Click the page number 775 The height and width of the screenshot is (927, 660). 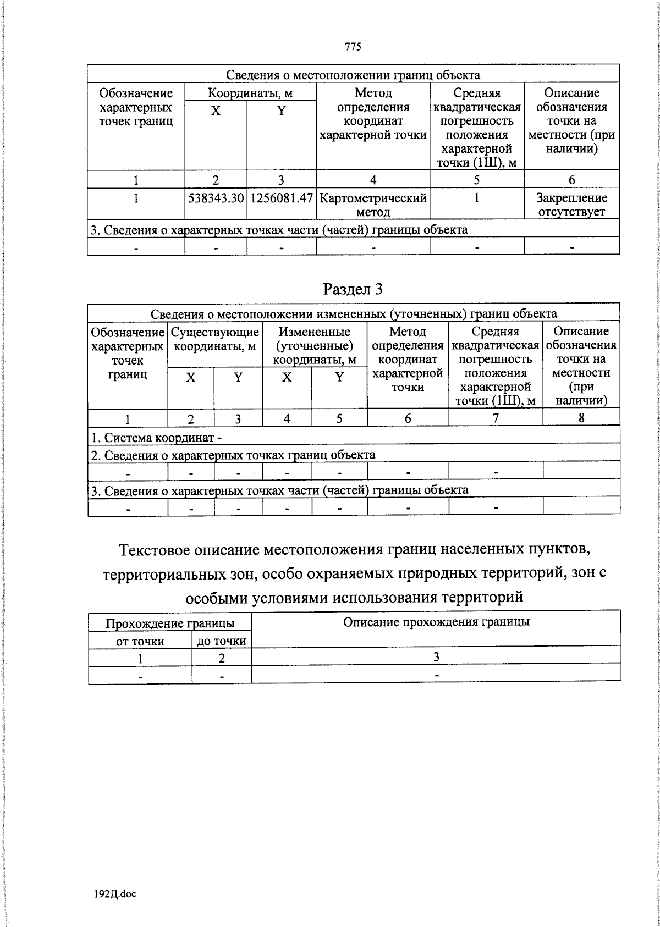(x=353, y=47)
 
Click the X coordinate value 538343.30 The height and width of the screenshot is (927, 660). (x=216, y=198)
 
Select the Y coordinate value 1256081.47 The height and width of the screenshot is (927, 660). (x=282, y=198)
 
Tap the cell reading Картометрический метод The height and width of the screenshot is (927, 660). (x=373, y=205)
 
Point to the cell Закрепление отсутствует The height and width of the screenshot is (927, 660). (x=571, y=205)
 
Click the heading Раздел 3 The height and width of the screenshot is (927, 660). (x=353, y=289)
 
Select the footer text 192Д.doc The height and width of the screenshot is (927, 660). (x=115, y=894)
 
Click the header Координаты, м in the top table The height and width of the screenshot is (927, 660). (x=250, y=92)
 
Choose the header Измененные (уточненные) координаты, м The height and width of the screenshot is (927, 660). (x=315, y=346)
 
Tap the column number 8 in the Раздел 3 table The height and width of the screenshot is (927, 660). (x=581, y=418)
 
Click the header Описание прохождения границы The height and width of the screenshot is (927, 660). (x=436, y=622)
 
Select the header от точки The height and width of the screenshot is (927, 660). (x=140, y=641)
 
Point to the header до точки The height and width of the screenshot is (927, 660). (x=222, y=641)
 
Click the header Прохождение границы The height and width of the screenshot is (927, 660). (x=170, y=623)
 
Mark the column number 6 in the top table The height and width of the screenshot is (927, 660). (x=571, y=180)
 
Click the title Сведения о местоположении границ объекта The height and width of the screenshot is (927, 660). (x=353, y=75)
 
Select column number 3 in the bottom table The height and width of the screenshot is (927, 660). (x=436, y=657)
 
